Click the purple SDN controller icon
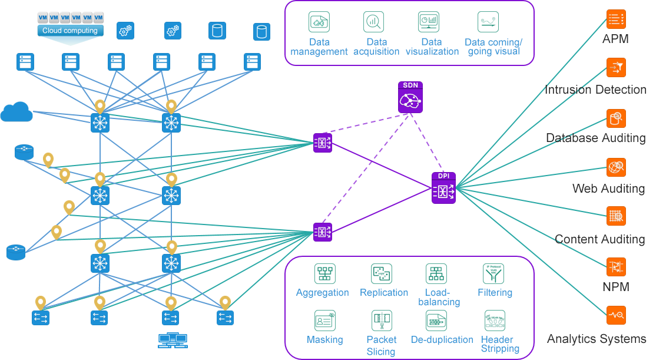tap(410, 97)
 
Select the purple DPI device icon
tap(443, 189)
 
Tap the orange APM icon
tap(616, 19)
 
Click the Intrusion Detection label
tap(595, 90)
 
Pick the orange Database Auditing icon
tap(616, 118)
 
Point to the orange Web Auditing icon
tap(616, 167)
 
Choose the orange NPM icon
tap(616, 267)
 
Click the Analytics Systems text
tap(597, 339)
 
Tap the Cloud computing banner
tap(70, 30)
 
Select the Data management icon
tap(319, 22)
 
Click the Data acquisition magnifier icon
tap(373, 22)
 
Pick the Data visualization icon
tap(428, 22)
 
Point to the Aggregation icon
tap(324, 273)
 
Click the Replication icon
tap(382, 273)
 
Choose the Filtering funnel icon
tap(493, 273)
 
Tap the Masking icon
tap(324, 321)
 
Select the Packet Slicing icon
tap(382, 321)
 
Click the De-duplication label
tap(442, 340)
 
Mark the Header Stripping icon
tap(495, 321)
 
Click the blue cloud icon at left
tap(16, 111)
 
